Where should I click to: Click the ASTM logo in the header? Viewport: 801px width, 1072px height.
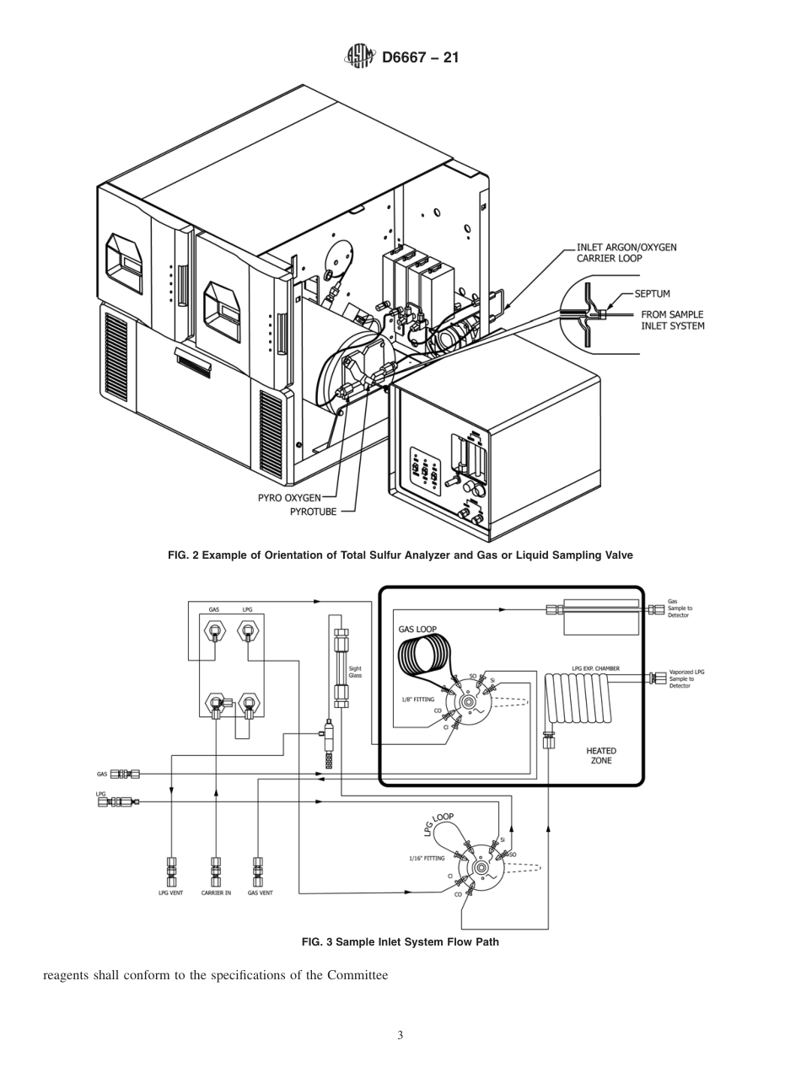pos(359,57)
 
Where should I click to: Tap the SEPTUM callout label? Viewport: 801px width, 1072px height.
pos(652,294)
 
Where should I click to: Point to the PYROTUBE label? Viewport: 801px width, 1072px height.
pos(314,511)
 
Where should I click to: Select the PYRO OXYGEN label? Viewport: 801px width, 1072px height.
pos(289,497)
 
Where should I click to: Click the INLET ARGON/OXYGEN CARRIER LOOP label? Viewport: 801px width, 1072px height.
pos(626,253)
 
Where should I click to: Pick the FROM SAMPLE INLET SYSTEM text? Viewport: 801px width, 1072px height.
pos(672,320)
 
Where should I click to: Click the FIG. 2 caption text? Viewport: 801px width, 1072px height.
pos(400,555)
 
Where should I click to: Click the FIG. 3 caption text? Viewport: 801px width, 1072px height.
pos(400,941)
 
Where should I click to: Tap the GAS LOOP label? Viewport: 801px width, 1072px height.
pos(417,629)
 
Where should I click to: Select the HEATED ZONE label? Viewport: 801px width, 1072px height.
pos(601,755)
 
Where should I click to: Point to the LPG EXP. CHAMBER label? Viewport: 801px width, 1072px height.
pos(595,668)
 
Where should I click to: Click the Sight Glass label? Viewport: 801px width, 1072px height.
pos(355,673)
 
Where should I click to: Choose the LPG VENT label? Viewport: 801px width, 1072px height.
pos(170,892)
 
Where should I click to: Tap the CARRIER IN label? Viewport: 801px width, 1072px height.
pos(216,892)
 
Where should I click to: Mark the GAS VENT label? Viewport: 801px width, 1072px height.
pos(260,892)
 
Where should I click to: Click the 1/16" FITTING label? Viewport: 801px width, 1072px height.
pos(427,858)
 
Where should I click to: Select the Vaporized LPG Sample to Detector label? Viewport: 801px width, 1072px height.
pos(686,678)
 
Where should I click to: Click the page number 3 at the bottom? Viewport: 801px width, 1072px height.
pos(400,1036)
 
